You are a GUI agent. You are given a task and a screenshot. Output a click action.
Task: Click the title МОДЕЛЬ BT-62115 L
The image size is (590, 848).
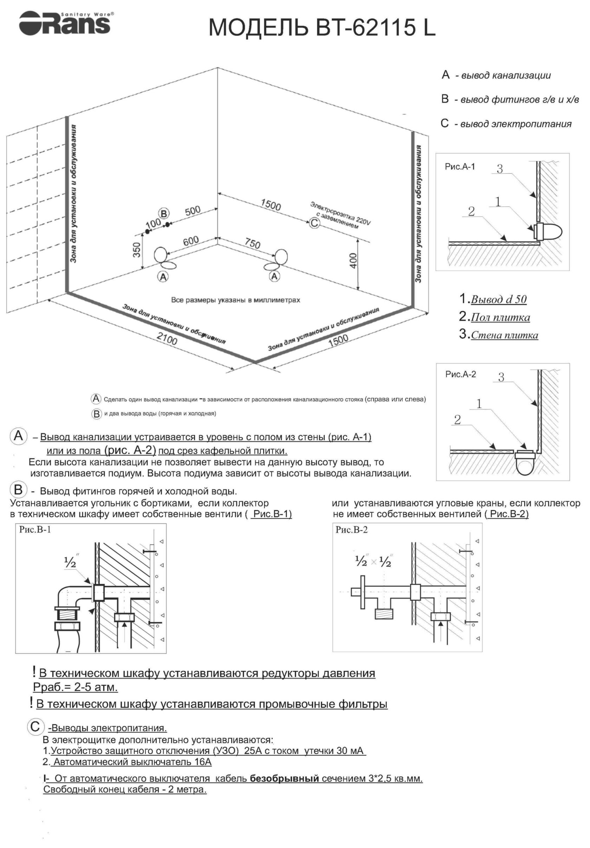(321, 28)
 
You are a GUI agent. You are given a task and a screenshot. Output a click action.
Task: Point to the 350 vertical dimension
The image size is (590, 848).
(137, 250)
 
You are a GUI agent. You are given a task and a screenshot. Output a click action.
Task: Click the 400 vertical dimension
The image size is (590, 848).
(353, 261)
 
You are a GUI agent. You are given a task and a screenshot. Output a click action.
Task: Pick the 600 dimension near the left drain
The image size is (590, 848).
(191, 241)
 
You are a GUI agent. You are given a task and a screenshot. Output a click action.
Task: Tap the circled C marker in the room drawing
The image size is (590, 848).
(314, 223)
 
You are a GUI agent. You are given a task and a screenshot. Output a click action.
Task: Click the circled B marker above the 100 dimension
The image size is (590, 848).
(164, 213)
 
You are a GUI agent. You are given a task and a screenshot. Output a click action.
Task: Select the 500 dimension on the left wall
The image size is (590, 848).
(192, 211)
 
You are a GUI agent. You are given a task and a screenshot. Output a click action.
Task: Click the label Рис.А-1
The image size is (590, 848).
(460, 167)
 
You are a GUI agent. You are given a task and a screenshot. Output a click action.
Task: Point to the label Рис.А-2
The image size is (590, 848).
(460, 374)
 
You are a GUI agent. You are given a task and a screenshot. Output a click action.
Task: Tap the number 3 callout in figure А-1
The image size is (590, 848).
(500, 169)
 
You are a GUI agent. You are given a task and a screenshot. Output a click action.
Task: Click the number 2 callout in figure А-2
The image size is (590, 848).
(458, 420)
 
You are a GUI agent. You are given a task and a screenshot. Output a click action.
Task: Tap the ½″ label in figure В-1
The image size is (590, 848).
(71, 562)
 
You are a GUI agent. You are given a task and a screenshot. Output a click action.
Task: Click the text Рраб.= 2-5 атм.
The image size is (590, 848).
(76, 687)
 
